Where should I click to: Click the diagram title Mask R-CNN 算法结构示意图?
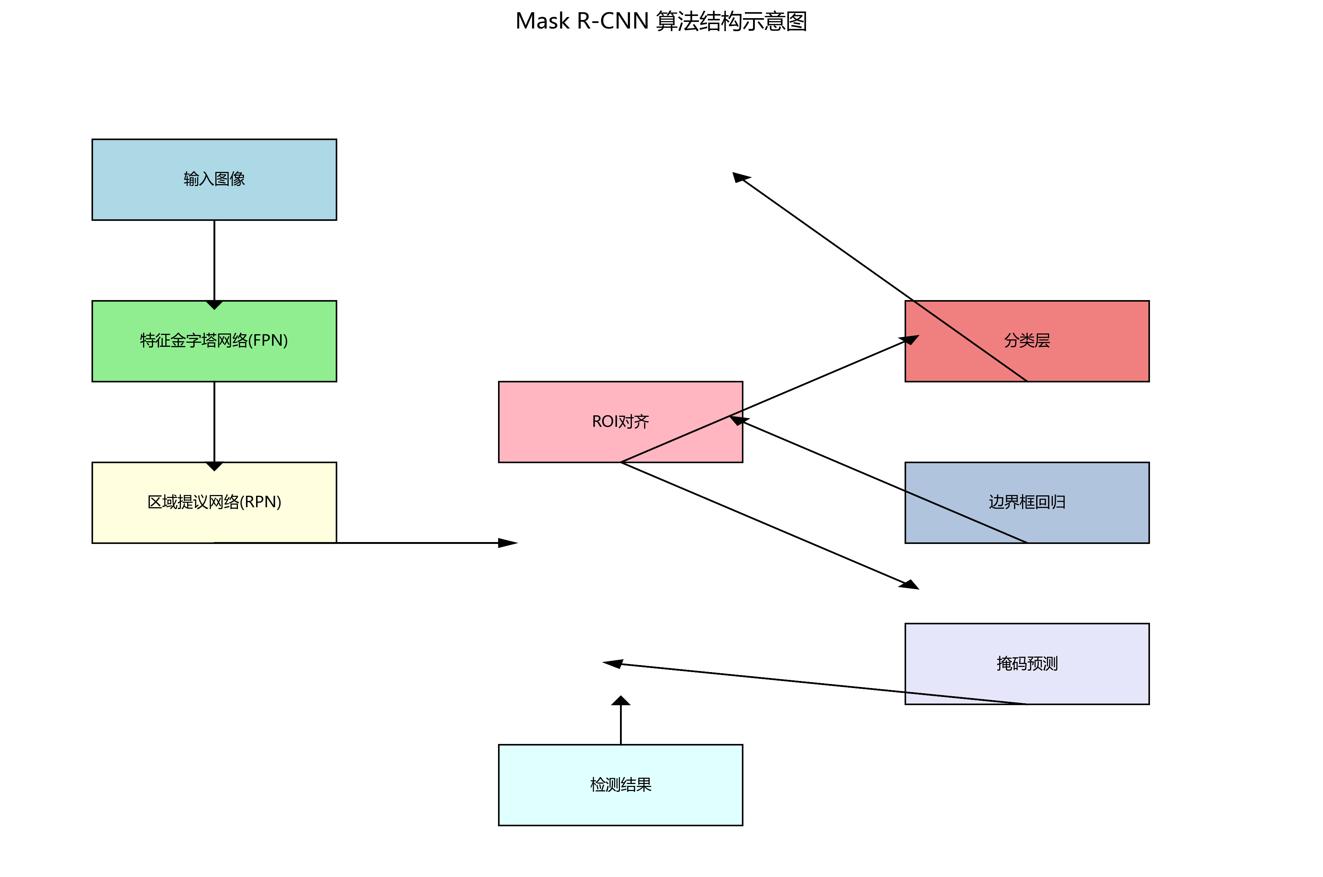tap(661, 21)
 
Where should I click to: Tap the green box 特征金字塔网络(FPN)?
tap(214, 340)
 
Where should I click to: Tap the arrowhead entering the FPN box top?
tap(214, 305)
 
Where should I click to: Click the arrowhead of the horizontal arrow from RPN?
tap(508, 542)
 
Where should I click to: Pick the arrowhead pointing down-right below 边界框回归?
tap(909, 584)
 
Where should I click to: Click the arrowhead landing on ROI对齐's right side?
tap(738, 420)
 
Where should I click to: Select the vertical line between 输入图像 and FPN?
tap(214, 260)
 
